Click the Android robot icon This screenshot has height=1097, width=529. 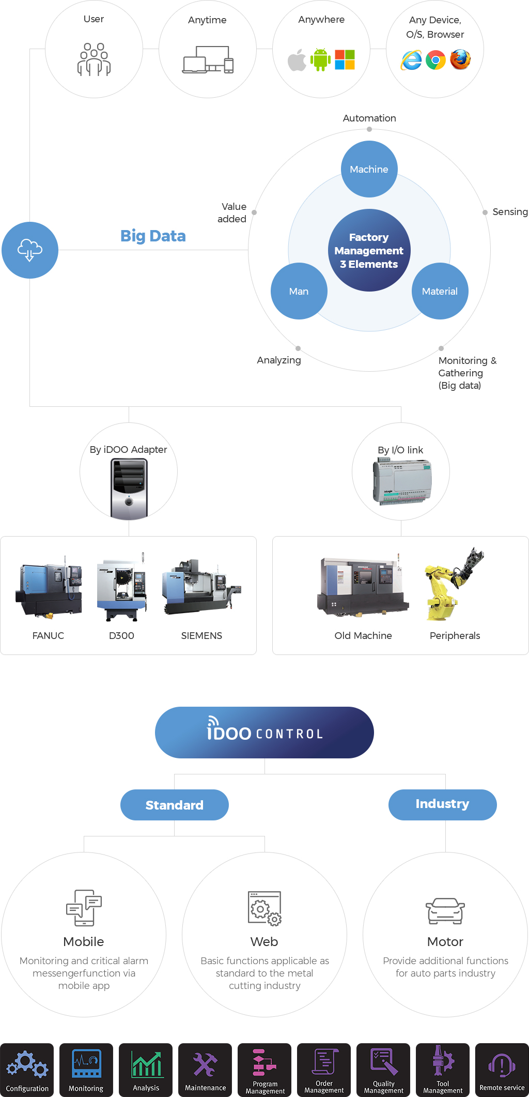(x=320, y=60)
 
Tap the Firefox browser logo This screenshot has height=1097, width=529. (x=460, y=59)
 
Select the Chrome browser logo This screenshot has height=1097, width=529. (x=435, y=60)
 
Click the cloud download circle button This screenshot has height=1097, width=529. (x=30, y=250)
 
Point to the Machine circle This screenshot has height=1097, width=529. (x=369, y=169)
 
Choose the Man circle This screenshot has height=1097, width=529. (x=299, y=291)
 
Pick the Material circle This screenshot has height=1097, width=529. (x=440, y=291)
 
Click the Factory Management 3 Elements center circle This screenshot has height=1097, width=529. (x=369, y=250)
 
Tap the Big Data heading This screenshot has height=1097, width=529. (x=153, y=236)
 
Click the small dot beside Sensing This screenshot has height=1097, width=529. (x=485, y=212)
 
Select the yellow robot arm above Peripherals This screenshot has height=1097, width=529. (x=454, y=584)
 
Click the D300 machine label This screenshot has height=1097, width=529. (x=121, y=635)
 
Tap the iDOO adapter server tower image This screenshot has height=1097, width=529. (x=129, y=489)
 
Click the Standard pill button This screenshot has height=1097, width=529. (x=175, y=805)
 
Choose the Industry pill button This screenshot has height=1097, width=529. (x=443, y=805)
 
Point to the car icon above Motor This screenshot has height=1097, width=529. (x=445, y=911)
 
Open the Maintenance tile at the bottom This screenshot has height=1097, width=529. (x=205, y=1070)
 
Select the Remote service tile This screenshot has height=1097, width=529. (x=502, y=1070)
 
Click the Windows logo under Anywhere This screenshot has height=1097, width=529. (x=345, y=59)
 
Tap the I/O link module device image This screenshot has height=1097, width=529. (x=401, y=482)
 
